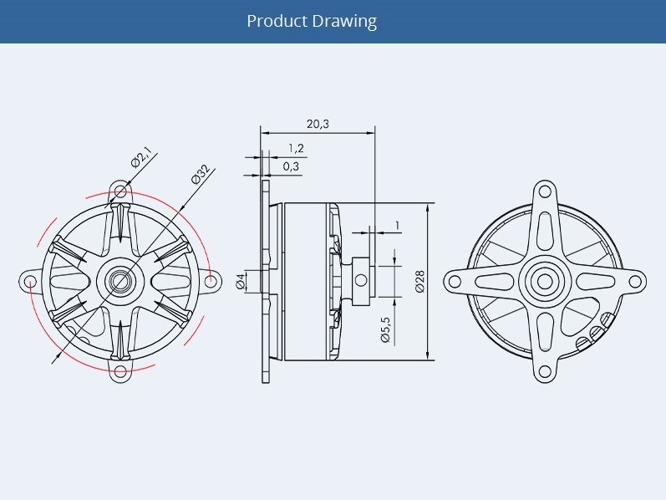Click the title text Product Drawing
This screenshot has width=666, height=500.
coord(312,21)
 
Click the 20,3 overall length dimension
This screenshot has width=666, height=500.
coord(318,124)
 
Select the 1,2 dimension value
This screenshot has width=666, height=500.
coord(295,148)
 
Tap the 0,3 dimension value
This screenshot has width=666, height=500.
coord(292,166)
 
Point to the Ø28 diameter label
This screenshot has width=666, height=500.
coord(419,281)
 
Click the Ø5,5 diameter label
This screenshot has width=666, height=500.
coord(386,329)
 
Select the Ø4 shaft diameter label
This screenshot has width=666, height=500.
coord(241,281)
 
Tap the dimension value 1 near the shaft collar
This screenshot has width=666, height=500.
coord(397,225)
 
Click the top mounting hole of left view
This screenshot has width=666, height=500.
coord(120,191)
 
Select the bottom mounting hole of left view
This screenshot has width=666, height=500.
coord(120,370)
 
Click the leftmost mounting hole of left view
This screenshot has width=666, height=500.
coord(31,281)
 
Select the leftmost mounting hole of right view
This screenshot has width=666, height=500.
coord(455,281)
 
